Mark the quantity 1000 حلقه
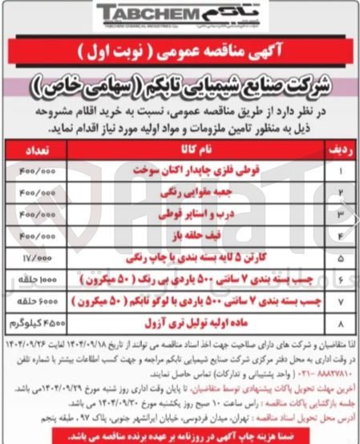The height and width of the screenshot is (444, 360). (x=37, y=281)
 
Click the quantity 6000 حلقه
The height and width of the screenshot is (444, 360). (x=37, y=304)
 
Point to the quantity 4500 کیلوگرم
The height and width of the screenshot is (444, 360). (x=37, y=325)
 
